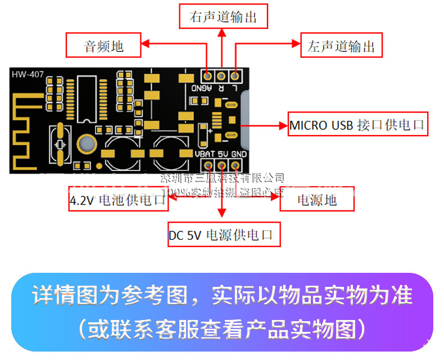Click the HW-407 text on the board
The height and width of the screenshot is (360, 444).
(28, 74)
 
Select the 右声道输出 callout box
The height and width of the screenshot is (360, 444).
(223, 17)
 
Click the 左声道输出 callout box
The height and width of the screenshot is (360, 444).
(341, 46)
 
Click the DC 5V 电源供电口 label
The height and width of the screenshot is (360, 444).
(224, 235)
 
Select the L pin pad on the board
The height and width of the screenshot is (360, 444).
(234, 75)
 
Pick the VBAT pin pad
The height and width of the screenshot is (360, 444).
(209, 165)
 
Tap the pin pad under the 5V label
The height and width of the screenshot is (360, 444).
(222, 165)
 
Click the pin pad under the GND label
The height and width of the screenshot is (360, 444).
(235, 165)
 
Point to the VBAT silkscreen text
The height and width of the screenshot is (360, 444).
(205, 154)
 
